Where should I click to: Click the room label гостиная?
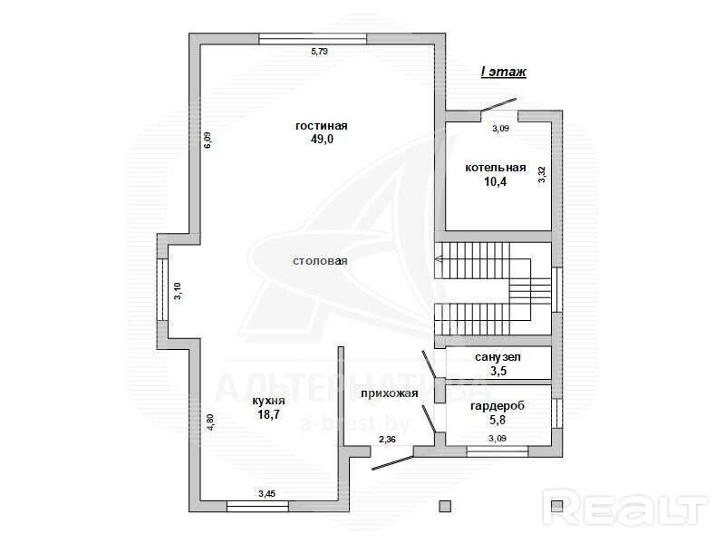coord(322,126)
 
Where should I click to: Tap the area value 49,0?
coord(322,139)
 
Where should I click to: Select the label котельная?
coord(495,168)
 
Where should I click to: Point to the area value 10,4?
coord(495,181)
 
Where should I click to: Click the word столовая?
coord(320,261)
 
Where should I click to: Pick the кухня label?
coord(268,401)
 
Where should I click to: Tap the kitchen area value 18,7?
coord(268,414)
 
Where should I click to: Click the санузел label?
coord(498,357)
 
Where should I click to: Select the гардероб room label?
coord(498,406)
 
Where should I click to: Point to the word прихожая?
coord(390,393)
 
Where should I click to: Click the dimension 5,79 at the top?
coord(319,52)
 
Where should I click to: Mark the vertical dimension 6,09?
coord(208,140)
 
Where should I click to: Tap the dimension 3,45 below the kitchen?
coord(266,493)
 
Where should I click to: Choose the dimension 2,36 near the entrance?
coord(387,440)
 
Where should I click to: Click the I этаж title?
coord(504,72)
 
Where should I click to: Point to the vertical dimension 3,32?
coord(542,174)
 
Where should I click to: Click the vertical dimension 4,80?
coord(210,422)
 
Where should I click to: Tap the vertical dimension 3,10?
coord(178,291)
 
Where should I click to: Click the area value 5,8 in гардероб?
coord(498,420)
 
